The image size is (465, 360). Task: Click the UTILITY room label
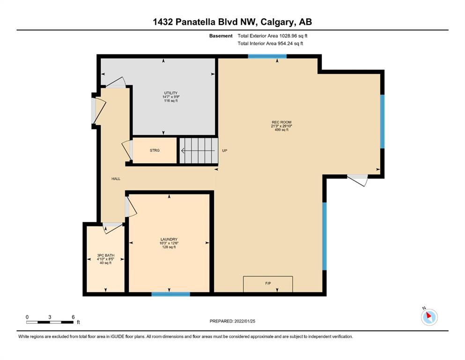[171, 93]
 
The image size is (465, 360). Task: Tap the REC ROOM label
[281, 122]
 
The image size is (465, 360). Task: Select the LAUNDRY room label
[169, 239]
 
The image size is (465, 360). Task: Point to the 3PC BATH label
[105, 255]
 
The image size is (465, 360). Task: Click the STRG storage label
[155, 150]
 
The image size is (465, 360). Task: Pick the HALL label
[116, 179]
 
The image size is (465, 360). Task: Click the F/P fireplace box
[268, 284]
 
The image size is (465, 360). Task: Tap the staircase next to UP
[199, 150]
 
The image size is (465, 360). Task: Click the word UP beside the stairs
[224, 150]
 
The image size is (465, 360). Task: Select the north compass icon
[429, 317]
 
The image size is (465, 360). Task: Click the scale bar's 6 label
[73, 317]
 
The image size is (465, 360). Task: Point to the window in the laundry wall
[170, 294]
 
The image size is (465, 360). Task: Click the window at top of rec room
[267, 56]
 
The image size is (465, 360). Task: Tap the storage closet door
[128, 150]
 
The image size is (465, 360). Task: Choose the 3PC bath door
[112, 227]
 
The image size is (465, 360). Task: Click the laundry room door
[130, 207]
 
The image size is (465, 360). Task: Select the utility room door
[116, 83]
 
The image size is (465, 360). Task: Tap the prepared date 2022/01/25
[244, 321]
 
